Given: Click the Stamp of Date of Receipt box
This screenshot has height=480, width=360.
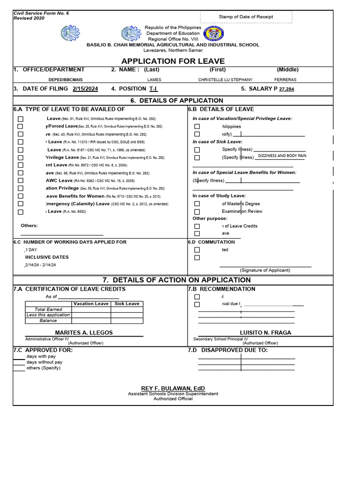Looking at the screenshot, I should coord(246,17).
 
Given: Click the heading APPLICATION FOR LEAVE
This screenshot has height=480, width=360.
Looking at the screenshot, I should coord(173,61).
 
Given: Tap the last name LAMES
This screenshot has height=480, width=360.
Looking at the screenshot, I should coord(154,80).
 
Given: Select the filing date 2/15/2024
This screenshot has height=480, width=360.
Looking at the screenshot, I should coord(85,89).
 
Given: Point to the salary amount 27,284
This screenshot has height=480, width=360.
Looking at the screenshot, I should coord(286,89).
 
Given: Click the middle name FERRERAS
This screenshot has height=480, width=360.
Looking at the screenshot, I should coord(285,80).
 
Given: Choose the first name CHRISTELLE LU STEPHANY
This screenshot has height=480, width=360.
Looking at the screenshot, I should coord(225,80).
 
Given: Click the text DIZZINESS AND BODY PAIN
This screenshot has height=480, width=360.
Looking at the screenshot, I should coord(282,156).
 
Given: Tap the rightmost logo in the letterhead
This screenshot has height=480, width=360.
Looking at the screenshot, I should coord(215,34).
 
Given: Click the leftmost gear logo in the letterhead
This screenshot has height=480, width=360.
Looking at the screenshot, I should coord(70,34).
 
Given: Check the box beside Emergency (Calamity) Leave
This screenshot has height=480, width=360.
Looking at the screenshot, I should coord(20,204).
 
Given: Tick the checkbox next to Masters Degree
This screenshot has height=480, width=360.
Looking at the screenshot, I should coord(197,204).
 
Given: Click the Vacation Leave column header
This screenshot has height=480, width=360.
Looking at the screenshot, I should coord(91,304).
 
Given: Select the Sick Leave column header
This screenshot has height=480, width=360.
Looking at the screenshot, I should coord(127,304).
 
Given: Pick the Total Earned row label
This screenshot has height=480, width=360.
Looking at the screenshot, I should coord(48,309).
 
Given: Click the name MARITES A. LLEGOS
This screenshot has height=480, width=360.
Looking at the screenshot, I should coord(84,333).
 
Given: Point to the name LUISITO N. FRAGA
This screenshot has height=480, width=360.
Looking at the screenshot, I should coord(265,333).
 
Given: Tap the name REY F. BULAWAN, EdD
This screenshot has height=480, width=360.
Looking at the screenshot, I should coord(173,388).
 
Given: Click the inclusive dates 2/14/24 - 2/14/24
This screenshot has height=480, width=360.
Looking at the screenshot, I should coord(40,265).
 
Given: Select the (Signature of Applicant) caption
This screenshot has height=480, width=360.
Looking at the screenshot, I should coord(265,270).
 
